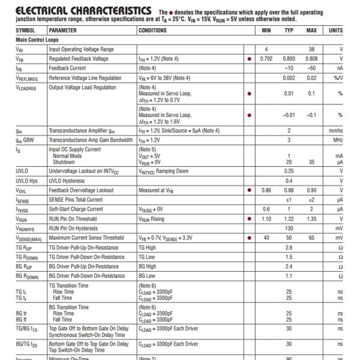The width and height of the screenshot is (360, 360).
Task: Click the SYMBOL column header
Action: click(x=25, y=29)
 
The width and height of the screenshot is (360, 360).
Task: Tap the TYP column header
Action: click(x=289, y=29)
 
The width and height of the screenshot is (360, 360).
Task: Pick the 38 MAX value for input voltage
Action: click(x=311, y=49)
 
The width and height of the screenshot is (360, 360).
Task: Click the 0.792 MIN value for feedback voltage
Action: click(x=267, y=59)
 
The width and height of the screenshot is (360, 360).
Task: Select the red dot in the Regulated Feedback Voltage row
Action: click(x=249, y=59)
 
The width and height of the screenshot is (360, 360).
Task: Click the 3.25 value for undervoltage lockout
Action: click(x=289, y=171)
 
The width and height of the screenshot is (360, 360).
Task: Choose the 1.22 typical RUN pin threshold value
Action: click(x=289, y=219)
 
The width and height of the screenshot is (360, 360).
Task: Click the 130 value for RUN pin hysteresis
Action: click(x=289, y=229)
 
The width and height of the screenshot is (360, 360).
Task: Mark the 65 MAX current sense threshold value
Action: click(x=311, y=238)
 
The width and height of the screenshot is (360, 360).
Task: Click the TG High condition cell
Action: click(x=148, y=248)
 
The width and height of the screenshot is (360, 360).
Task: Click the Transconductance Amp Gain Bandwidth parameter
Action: click(x=91, y=140)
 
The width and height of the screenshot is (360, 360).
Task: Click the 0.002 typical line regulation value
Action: click(x=289, y=78)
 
